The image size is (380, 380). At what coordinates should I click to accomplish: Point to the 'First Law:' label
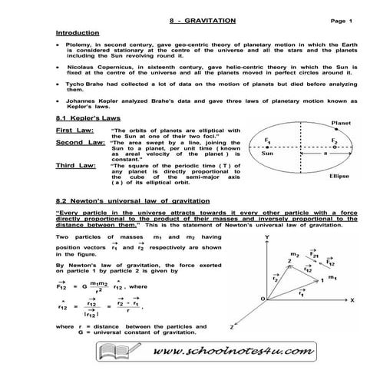pyautogui.click(x=74, y=131)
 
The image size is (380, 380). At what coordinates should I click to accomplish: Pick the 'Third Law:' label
pyautogui.click(x=75, y=165)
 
